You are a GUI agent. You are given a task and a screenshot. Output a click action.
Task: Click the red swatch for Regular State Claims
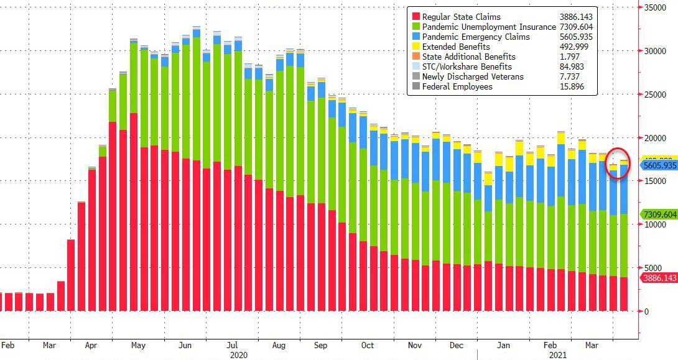coord(414,17)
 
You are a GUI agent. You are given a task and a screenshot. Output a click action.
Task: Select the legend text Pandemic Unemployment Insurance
coord(489,27)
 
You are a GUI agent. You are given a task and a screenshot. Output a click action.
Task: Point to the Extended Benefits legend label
coord(456,47)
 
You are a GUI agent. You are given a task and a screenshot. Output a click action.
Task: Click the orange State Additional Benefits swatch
coord(414,57)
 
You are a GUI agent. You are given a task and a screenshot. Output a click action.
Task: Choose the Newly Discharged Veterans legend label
coord(473,76)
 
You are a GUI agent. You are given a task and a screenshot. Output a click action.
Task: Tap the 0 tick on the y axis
coord(647,311)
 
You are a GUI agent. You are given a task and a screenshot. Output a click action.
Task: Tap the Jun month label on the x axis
coord(185,344)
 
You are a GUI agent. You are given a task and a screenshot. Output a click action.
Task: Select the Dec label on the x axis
coord(456,344)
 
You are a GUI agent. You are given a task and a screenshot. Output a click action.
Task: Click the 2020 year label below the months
coord(239,354)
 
